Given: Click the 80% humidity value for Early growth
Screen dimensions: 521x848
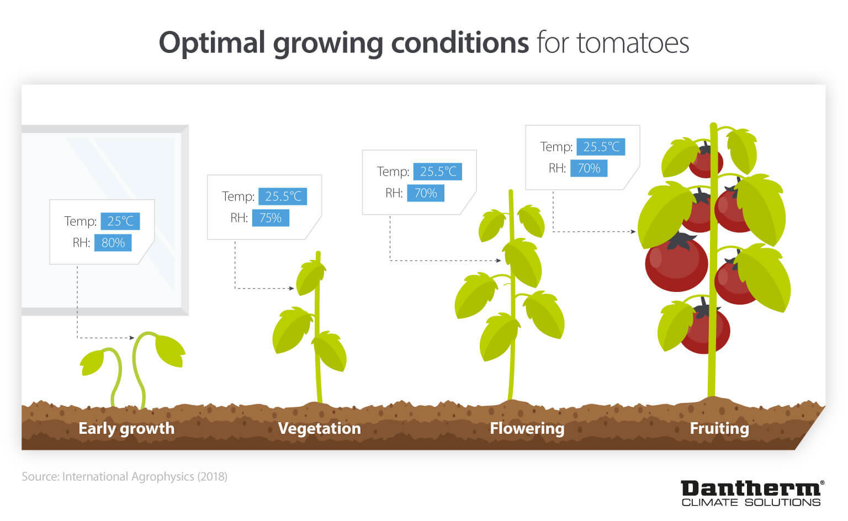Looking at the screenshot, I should (113, 243).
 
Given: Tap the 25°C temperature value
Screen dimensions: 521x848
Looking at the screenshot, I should (120, 221).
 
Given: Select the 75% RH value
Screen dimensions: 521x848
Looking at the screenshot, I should (271, 218).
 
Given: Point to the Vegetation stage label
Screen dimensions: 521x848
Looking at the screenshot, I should (319, 428).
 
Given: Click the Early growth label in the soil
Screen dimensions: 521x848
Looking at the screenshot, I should (126, 428).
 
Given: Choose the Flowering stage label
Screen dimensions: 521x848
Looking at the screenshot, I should (527, 428).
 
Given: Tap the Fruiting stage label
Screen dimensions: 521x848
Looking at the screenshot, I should (719, 428).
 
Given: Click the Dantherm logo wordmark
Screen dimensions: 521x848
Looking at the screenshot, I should (751, 488).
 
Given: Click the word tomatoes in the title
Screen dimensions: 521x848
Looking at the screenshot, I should (633, 43).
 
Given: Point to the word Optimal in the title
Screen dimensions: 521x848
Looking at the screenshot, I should (212, 43).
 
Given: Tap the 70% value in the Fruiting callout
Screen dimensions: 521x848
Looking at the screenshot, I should (589, 168).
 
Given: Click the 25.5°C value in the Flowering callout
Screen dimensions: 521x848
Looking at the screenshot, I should (438, 172).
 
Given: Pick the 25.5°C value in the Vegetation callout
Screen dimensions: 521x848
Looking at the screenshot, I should (283, 196).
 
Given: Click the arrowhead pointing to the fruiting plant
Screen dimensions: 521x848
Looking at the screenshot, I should (633, 232).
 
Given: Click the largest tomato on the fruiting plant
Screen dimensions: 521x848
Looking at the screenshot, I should (676, 264).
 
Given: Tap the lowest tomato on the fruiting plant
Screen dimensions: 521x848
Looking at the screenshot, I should (707, 331).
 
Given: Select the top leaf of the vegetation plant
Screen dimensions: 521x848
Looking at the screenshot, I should (310, 276).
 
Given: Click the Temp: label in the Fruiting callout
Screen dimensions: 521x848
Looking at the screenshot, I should (556, 147).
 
